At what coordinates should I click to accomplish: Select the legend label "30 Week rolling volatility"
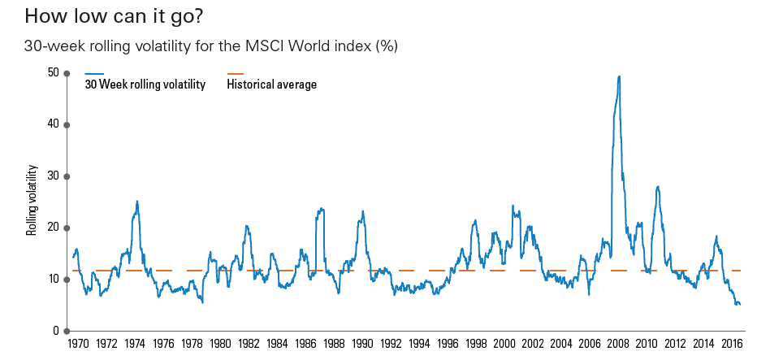(x=145, y=85)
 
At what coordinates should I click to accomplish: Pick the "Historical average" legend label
(x=272, y=85)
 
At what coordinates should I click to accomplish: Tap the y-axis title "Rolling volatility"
(x=32, y=200)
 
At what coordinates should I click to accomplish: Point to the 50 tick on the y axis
(x=54, y=72)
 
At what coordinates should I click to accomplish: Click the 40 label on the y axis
(x=54, y=124)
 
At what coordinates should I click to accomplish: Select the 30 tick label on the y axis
(x=54, y=176)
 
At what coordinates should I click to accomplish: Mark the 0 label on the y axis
(x=56, y=331)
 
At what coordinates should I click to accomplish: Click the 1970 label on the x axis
(x=78, y=345)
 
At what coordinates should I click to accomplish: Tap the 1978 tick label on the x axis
(x=192, y=345)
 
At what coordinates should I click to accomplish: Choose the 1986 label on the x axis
(x=305, y=345)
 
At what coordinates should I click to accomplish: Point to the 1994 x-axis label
(x=419, y=345)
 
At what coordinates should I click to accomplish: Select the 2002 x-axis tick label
(x=533, y=345)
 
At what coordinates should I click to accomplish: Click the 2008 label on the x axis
(x=618, y=345)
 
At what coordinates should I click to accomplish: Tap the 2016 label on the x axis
(x=732, y=345)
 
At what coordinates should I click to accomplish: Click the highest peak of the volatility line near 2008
(x=620, y=76)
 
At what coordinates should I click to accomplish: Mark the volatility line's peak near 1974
(x=137, y=202)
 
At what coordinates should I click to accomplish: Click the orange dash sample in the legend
(x=236, y=74)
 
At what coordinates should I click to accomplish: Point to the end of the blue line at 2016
(x=740, y=304)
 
